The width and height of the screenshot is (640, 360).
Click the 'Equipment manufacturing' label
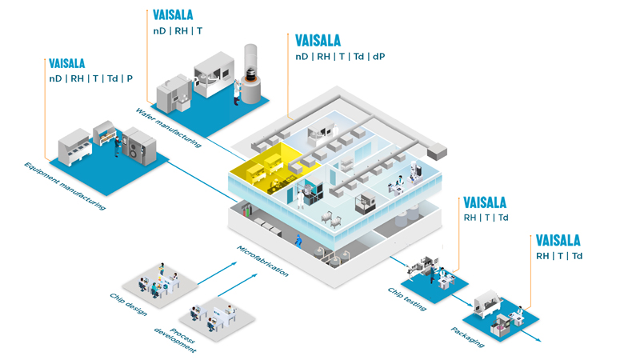tap(64, 186)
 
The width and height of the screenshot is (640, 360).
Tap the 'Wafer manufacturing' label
tap(167, 127)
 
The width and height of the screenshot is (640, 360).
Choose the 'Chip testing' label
tap(407, 298)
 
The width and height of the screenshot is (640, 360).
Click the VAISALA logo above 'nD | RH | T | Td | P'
tap(67, 63)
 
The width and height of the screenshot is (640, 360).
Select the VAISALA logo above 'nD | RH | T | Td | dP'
tap(318, 40)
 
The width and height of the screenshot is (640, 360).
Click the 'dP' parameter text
tap(378, 57)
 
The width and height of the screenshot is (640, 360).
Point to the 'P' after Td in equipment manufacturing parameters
tap(130, 78)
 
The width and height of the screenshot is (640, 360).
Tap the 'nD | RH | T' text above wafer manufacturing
tap(178, 31)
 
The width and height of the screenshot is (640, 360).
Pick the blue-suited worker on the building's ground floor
tap(298, 239)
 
